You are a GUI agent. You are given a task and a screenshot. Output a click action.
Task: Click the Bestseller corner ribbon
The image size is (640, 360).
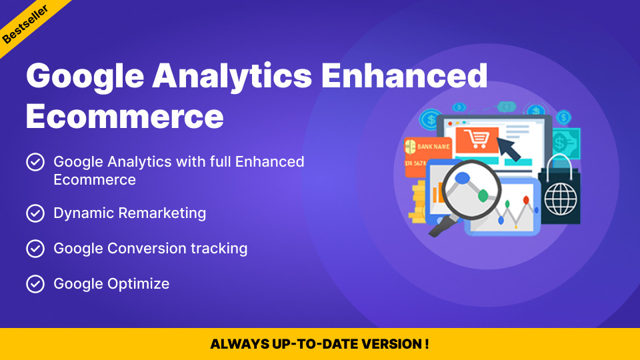(x=25, y=24)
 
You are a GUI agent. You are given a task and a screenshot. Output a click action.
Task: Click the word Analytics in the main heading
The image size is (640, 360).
(x=232, y=76)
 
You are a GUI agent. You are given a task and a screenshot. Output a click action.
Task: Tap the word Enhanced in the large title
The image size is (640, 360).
(x=405, y=75)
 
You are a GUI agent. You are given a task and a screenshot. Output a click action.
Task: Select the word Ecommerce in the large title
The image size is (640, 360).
(x=125, y=116)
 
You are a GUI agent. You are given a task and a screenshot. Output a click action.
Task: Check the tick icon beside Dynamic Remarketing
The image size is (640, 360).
(x=35, y=213)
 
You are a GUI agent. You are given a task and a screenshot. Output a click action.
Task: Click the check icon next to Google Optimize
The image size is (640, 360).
(x=35, y=284)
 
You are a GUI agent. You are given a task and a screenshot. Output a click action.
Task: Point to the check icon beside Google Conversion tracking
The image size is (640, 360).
(x=35, y=249)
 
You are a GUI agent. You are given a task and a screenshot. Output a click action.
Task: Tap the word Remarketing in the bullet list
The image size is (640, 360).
(x=163, y=213)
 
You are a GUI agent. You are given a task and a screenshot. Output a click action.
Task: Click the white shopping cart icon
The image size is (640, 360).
(x=476, y=139)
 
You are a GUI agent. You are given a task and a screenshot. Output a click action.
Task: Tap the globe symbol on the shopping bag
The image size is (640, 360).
(x=561, y=199)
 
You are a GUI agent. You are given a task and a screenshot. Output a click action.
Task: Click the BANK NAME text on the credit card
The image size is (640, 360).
(x=433, y=147)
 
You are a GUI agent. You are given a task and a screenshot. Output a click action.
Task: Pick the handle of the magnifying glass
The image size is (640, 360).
(x=442, y=226)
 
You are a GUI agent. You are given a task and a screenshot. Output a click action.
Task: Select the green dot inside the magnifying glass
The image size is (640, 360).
(x=483, y=196)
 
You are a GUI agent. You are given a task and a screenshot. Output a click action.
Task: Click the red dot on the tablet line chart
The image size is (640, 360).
(x=526, y=200)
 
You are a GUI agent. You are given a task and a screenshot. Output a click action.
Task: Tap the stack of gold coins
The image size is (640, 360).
(x=418, y=203)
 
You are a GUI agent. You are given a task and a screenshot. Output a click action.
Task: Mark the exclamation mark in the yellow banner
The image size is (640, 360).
(x=427, y=344)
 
